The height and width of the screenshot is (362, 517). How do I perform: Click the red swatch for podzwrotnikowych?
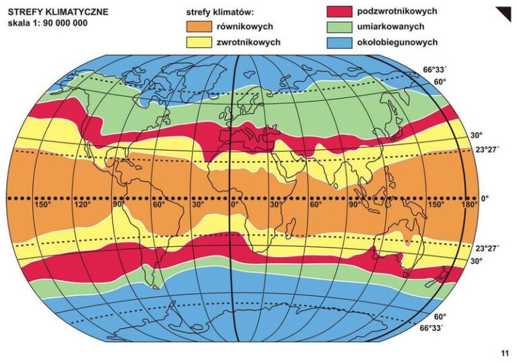pos(342,11)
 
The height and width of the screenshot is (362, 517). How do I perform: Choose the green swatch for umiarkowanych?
pos(342,26)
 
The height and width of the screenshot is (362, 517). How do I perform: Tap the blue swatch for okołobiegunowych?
pos(342,42)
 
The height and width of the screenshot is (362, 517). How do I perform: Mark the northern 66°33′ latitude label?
pos(436,69)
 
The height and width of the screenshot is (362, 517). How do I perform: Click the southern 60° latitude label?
pos(440,316)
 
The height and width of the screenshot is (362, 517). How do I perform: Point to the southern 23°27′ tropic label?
pos(488,248)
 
